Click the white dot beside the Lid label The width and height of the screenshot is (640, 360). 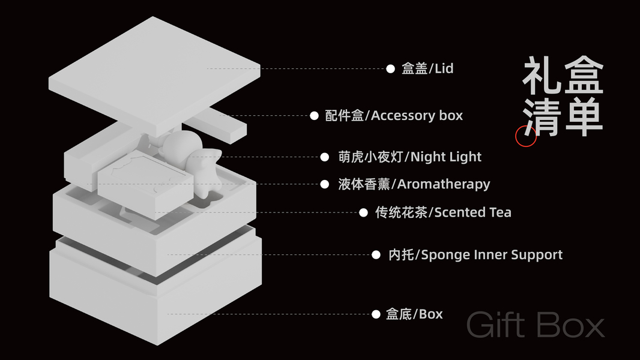coord(390,68)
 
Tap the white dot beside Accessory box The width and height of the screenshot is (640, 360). coord(314,115)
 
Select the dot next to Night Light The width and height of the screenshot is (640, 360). coord(325,157)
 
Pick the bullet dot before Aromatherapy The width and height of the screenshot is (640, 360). coord(325,184)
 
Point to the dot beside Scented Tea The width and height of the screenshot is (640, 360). coord(363,212)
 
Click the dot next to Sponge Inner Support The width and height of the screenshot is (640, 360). coord(376,255)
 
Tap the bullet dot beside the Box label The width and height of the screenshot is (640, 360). coord(376,314)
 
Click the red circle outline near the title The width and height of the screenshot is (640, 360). coord(526,136)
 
